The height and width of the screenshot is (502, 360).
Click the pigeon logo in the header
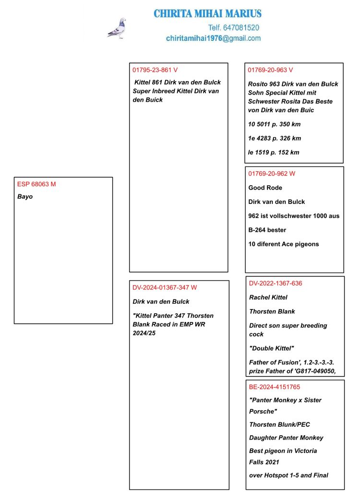tap(117, 28)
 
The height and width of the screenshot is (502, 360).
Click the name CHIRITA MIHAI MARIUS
tap(207, 14)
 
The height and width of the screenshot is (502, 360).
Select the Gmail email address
tap(213, 38)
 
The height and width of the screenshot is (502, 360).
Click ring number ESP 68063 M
tap(36, 184)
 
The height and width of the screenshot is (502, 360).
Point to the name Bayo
tap(25, 196)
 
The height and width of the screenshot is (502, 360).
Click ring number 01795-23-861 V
tap(155, 70)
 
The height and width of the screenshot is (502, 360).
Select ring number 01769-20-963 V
tap(270, 70)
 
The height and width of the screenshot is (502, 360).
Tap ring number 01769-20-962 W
tap(271, 174)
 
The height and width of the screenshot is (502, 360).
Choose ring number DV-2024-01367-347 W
tap(165, 287)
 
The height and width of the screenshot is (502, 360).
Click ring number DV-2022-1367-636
tap(276, 283)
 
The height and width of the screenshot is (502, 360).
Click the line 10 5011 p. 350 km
tap(274, 124)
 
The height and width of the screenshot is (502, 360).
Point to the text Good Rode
tap(265, 188)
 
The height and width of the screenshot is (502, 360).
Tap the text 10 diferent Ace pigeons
tap(283, 244)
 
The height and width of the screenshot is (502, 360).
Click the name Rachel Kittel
tap(268, 298)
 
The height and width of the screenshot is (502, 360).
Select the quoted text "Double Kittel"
tap(271, 348)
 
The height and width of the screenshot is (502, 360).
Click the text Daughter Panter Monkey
tap(286, 438)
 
